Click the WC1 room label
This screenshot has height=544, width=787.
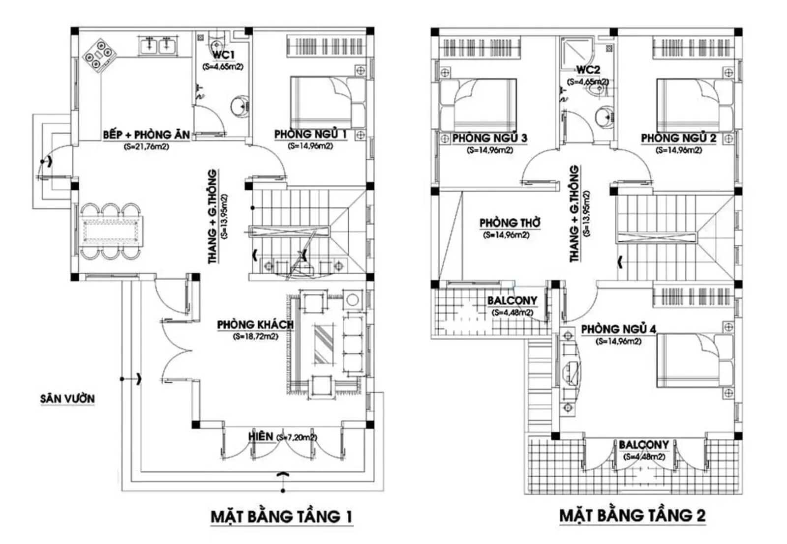tap(224, 55)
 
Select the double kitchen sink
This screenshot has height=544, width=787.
tap(158, 46)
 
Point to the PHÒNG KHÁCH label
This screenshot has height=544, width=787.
tap(255, 325)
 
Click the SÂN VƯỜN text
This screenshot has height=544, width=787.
tap(67, 399)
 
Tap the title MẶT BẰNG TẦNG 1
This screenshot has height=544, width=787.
tap(281, 517)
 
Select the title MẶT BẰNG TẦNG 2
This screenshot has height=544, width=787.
tap(632, 516)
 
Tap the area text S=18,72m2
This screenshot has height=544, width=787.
tap(255, 337)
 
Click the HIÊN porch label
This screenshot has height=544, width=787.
tap(260, 436)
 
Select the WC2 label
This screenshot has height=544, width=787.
tap(588, 70)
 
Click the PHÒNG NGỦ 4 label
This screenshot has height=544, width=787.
tap(618, 329)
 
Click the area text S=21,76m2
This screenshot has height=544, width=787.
tap(146, 146)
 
